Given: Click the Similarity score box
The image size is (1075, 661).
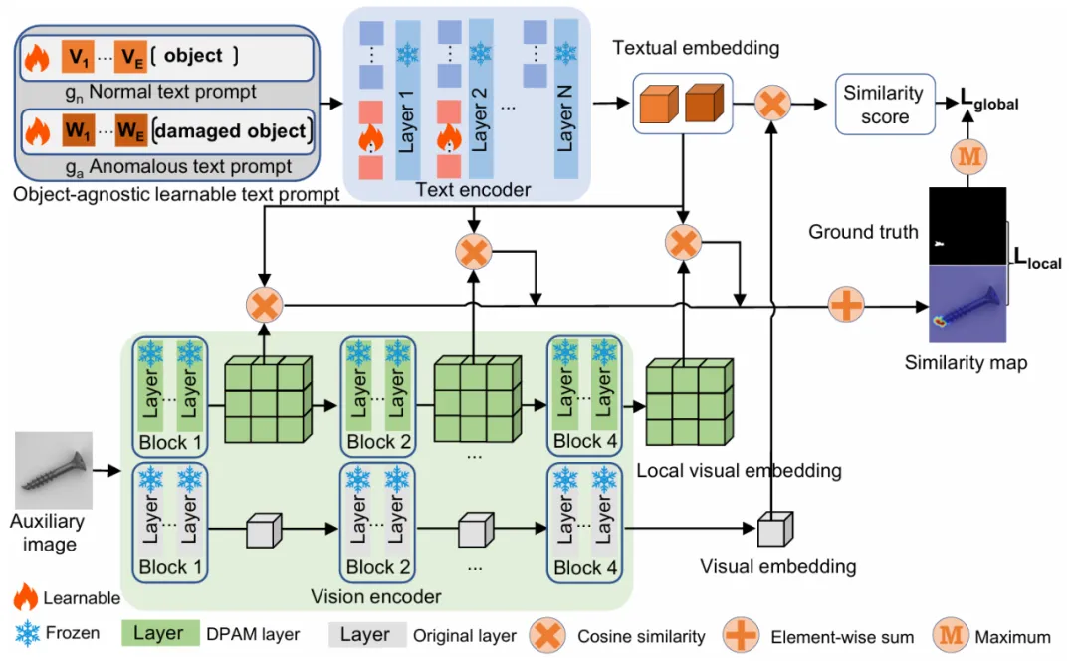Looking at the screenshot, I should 885,105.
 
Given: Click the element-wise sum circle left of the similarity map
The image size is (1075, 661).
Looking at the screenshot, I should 846,304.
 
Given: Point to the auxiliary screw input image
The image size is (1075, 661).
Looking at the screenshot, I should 54,470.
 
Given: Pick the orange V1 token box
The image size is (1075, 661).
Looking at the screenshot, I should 79,58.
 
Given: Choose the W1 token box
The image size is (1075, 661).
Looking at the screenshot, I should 79,131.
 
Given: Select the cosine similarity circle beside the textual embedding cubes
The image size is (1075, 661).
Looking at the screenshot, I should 771,103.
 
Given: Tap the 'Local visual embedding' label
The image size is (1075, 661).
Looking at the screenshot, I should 739,470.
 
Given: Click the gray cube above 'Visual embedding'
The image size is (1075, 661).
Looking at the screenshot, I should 773,529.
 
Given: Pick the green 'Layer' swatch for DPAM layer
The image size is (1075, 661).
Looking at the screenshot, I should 158,634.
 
